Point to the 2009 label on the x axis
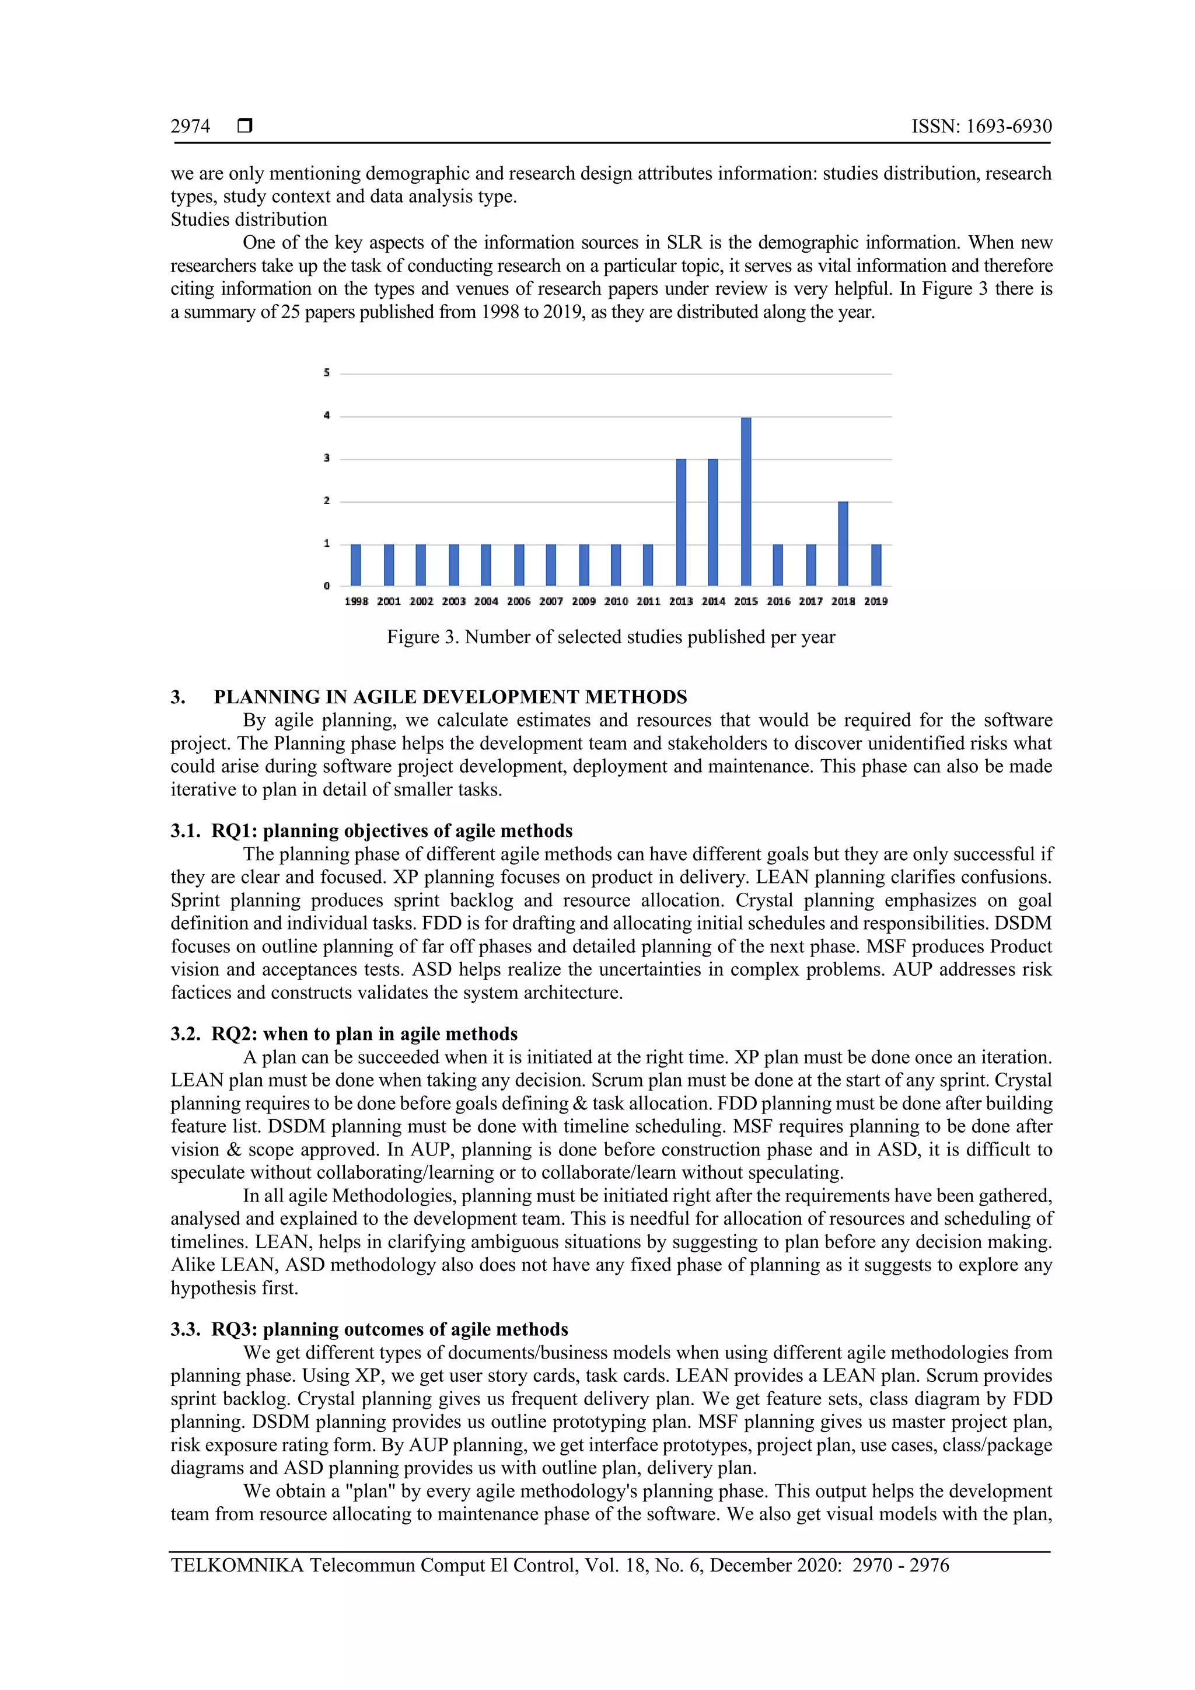(x=583, y=602)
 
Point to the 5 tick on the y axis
(x=327, y=373)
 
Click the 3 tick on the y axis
(x=327, y=459)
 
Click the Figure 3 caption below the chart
(x=611, y=637)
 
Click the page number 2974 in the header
(x=191, y=127)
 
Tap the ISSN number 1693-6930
(x=1009, y=127)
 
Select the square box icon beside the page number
(x=245, y=126)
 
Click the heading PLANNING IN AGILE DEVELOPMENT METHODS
(x=450, y=697)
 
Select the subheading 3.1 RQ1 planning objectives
(x=372, y=831)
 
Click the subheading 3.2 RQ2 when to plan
(x=344, y=1034)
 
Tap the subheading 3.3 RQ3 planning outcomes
(x=369, y=1329)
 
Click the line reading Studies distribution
(x=249, y=219)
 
